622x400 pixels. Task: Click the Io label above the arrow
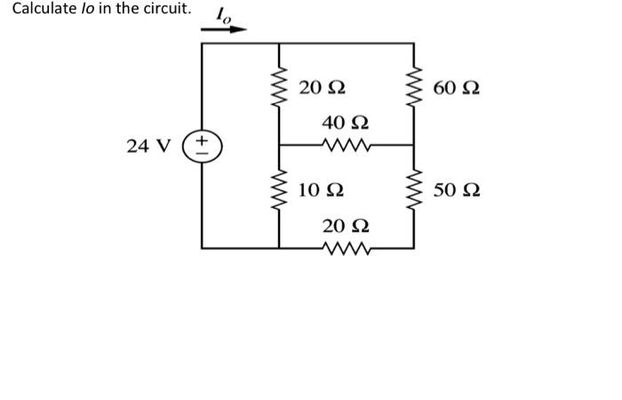pos(223,15)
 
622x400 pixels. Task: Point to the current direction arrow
pos(223,29)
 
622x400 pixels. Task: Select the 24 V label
pos(146,145)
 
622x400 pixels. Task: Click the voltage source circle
pos(202,145)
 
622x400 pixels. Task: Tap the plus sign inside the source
pos(202,140)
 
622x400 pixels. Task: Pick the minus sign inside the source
pos(202,151)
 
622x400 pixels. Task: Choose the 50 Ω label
pos(458,189)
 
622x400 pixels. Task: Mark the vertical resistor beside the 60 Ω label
pos(414,88)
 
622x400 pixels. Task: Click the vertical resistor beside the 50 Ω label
pos(414,190)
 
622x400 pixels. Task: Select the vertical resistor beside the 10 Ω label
pos(280,190)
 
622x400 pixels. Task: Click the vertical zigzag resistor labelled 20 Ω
pos(280,88)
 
